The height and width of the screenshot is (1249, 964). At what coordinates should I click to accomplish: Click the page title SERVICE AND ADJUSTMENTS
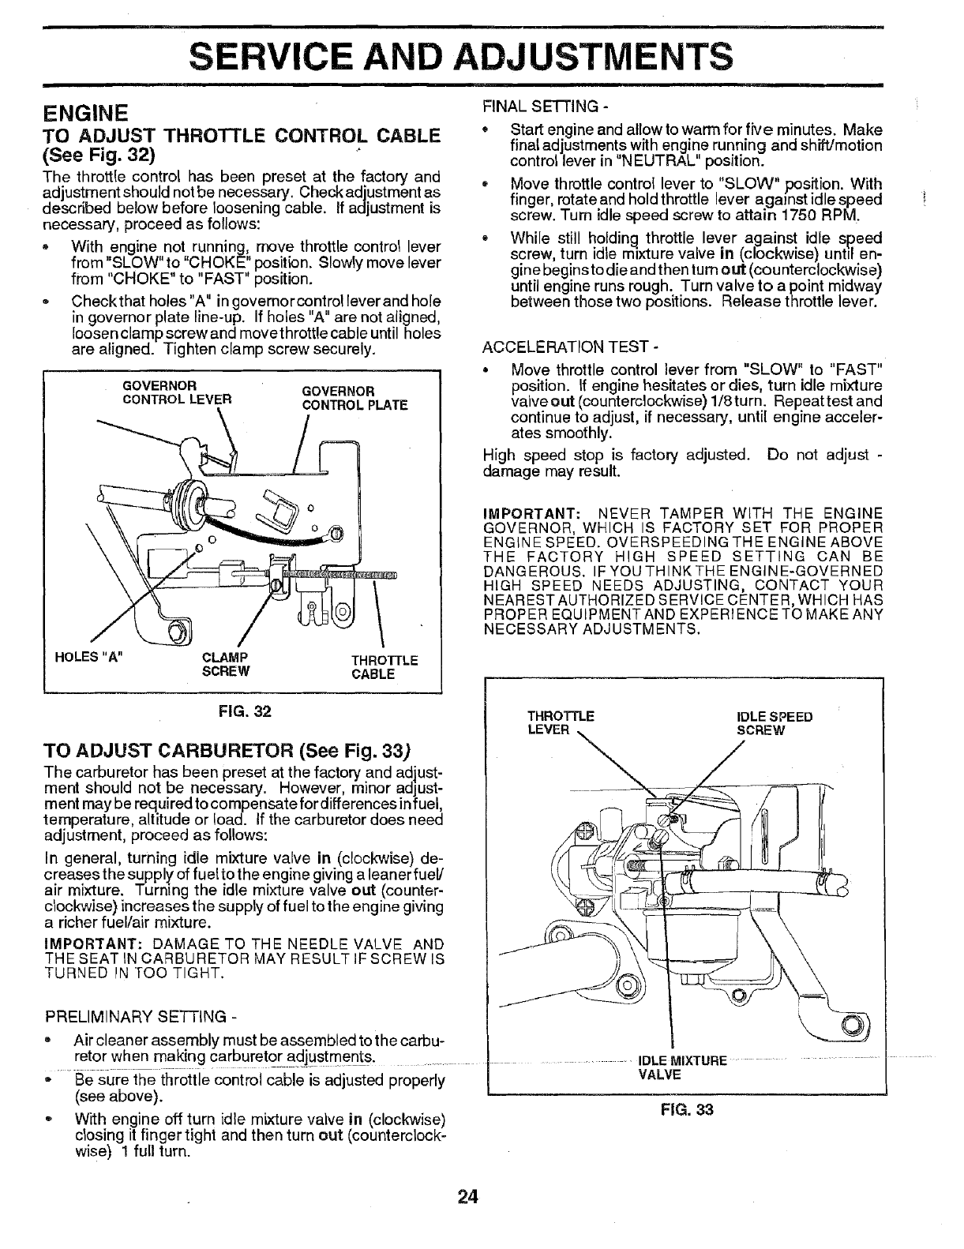[461, 56]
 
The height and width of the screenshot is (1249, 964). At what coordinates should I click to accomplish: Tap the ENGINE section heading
[85, 111]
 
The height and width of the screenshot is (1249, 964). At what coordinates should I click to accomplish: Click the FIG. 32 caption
[243, 711]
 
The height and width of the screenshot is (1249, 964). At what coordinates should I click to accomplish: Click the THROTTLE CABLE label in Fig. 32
[384, 667]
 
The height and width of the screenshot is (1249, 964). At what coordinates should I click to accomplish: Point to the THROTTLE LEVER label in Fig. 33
[560, 723]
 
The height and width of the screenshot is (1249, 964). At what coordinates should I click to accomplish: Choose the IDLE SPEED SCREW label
[773, 723]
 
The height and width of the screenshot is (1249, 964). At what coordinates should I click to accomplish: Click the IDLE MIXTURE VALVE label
[681, 1067]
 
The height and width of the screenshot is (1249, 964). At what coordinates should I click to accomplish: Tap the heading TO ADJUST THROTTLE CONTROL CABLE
[242, 135]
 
